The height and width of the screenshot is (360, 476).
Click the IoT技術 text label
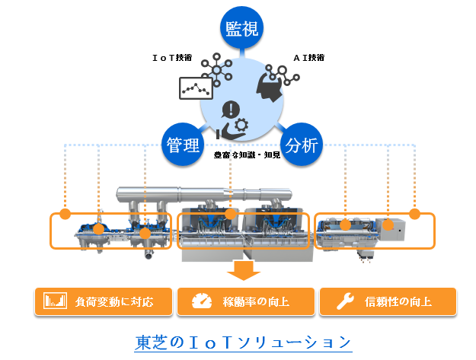click(x=172, y=57)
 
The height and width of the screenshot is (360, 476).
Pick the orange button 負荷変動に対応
click(x=104, y=301)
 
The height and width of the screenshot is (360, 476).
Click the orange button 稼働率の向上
click(x=244, y=301)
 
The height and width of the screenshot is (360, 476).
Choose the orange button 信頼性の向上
click(x=387, y=301)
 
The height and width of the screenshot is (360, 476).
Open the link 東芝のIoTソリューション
click(x=243, y=342)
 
